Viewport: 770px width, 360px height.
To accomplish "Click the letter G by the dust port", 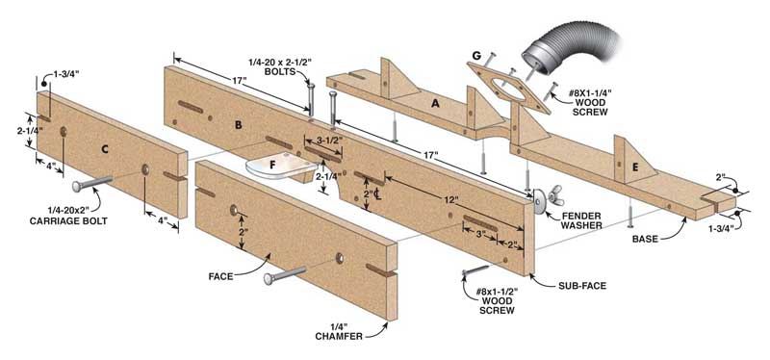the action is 475,56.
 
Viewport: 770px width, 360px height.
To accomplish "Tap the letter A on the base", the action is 435,103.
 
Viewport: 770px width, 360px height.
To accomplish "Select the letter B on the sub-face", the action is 238,125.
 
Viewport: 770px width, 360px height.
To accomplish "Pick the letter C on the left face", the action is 105,150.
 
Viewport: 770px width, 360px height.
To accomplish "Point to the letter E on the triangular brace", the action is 635,167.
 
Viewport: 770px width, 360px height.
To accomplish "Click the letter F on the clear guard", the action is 273,165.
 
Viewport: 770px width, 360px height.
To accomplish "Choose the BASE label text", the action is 644,239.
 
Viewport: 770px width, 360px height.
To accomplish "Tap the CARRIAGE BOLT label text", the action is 68,221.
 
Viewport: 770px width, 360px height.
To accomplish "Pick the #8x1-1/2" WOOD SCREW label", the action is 497,300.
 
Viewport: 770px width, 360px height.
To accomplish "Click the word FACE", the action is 220,276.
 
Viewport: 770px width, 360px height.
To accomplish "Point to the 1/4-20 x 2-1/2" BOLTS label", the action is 280,66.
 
